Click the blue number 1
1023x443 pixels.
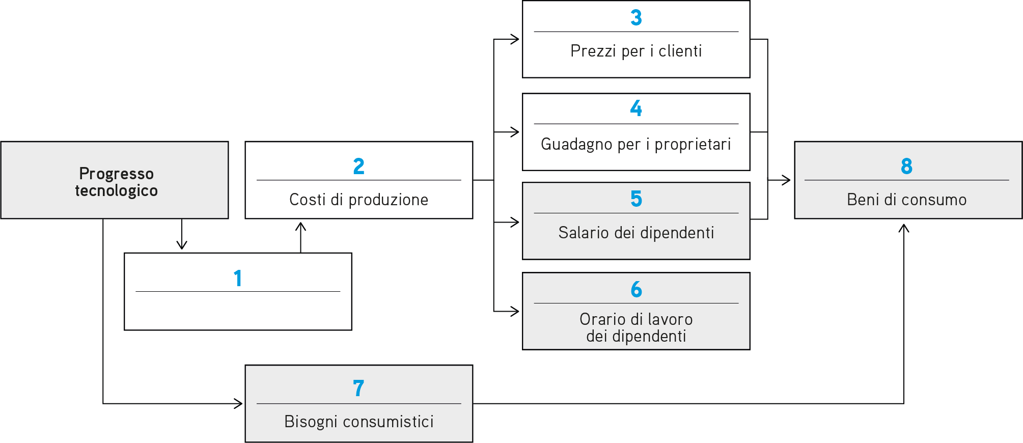(237, 279)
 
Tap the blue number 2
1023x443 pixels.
(359, 167)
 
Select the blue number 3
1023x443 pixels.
(636, 18)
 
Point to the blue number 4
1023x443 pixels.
(636, 108)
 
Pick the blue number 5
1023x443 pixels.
(636, 199)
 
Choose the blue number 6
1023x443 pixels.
(636, 289)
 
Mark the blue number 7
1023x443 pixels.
(358, 388)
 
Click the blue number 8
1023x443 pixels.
(907, 166)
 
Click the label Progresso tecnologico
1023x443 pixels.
(116, 182)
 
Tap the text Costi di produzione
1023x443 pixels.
(359, 200)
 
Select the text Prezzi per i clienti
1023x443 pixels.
(636, 51)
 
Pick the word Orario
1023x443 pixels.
(603, 319)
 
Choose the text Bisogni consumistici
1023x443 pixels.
(359, 422)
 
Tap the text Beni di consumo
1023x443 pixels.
(907, 200)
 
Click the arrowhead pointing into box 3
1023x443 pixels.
(515, 39)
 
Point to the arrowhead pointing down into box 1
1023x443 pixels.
(182, 245)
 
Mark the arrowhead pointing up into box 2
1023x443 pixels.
(301, 227)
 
